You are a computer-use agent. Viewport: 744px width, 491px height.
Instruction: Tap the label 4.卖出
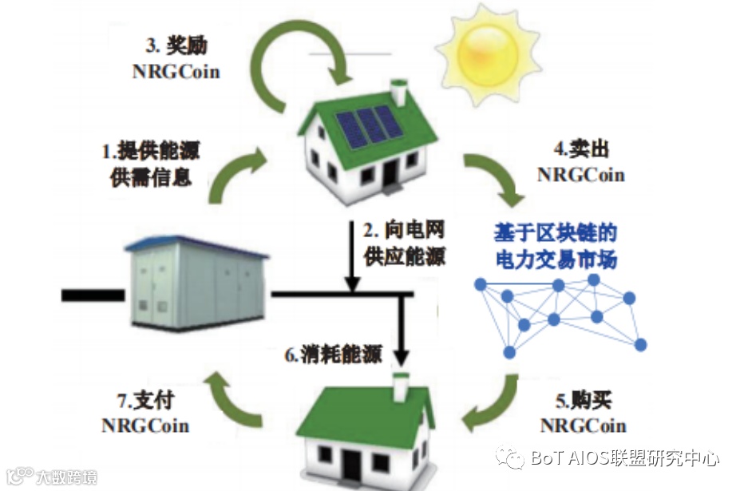click(580, 148)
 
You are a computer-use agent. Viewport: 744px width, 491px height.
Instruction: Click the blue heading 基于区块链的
click(556, 233)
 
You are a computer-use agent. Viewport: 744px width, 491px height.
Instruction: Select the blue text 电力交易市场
click(556, 259)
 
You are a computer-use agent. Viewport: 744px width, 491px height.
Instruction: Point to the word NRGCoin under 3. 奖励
click(176, 71)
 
